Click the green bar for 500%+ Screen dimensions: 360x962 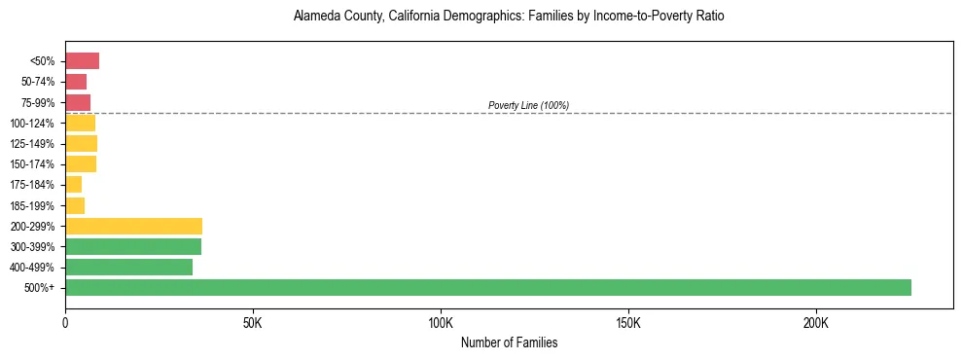[x=487, y=287]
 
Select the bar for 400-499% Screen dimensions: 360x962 [x=128, y=267]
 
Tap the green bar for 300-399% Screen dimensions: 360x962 [x=133, y=246]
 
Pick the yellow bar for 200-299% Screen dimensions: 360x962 [x=133, y=226]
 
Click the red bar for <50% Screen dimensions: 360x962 [x=82, y=61]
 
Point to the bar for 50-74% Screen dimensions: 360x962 [x=76, y=82]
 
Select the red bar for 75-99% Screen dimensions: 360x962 [x=78, y=102]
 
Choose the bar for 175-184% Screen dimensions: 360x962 [x=73, y=185]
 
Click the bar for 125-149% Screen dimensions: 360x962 [x=81, y=144]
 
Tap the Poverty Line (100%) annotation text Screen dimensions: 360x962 [x=528, y=105]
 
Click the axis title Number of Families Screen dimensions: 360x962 [x=509, y=342]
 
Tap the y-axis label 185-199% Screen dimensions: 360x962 [x=32, y=206]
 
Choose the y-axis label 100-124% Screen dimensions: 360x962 [x=32, y=124]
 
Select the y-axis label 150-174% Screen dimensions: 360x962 [x=32, y=164]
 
